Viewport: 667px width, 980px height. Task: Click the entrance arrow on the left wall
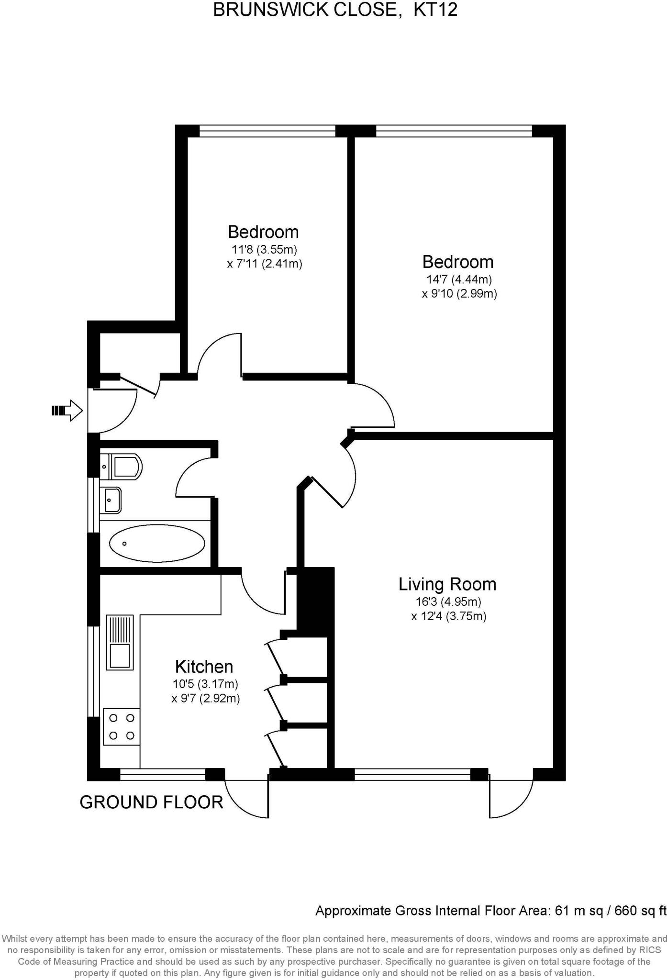(67, 410)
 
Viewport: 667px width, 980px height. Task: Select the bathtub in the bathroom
(157, 543)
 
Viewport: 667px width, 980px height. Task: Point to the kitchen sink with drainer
(120, 643)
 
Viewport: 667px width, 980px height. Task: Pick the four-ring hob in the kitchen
(122, 726)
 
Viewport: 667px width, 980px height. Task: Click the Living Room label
(447, 584)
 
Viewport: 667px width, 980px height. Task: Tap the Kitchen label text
(204, 667)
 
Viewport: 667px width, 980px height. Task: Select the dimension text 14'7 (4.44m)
(459, 279)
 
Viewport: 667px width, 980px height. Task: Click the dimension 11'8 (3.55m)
(265, 249)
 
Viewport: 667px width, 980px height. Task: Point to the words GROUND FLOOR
(151, 802)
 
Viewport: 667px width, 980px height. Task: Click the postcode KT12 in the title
(435, 10)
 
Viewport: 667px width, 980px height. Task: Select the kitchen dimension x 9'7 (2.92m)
(206, 699)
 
